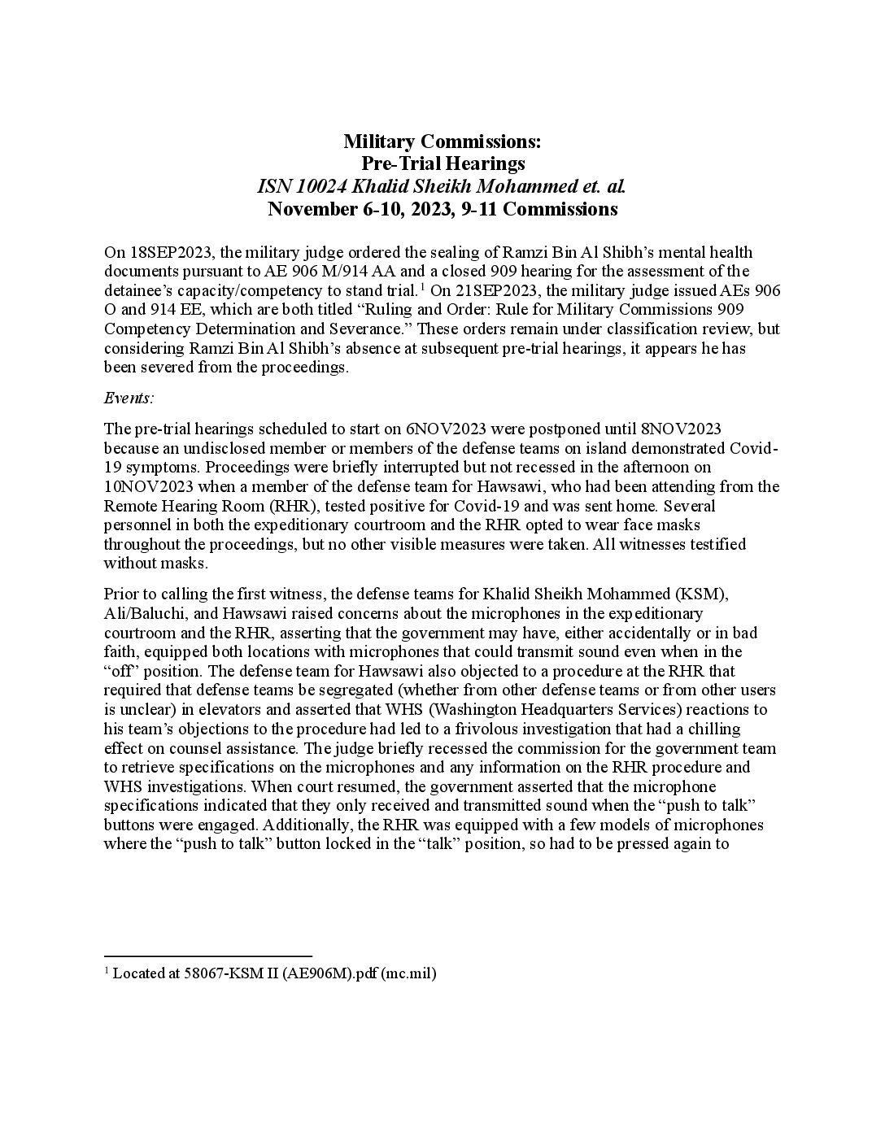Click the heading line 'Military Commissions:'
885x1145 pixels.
click(442, 142)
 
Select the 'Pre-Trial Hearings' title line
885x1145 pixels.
click(442, 164)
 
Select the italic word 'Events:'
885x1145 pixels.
click(129, 398)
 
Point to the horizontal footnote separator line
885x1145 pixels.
click(208, 956)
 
